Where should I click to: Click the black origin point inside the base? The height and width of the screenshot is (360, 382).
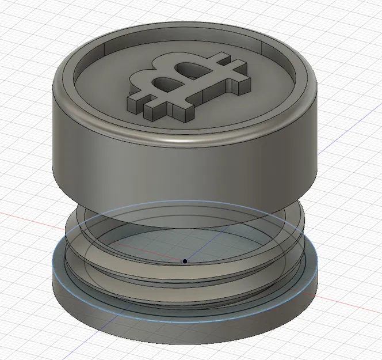click(185, 261)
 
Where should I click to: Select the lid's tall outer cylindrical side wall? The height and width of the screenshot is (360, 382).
click(184, 167)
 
